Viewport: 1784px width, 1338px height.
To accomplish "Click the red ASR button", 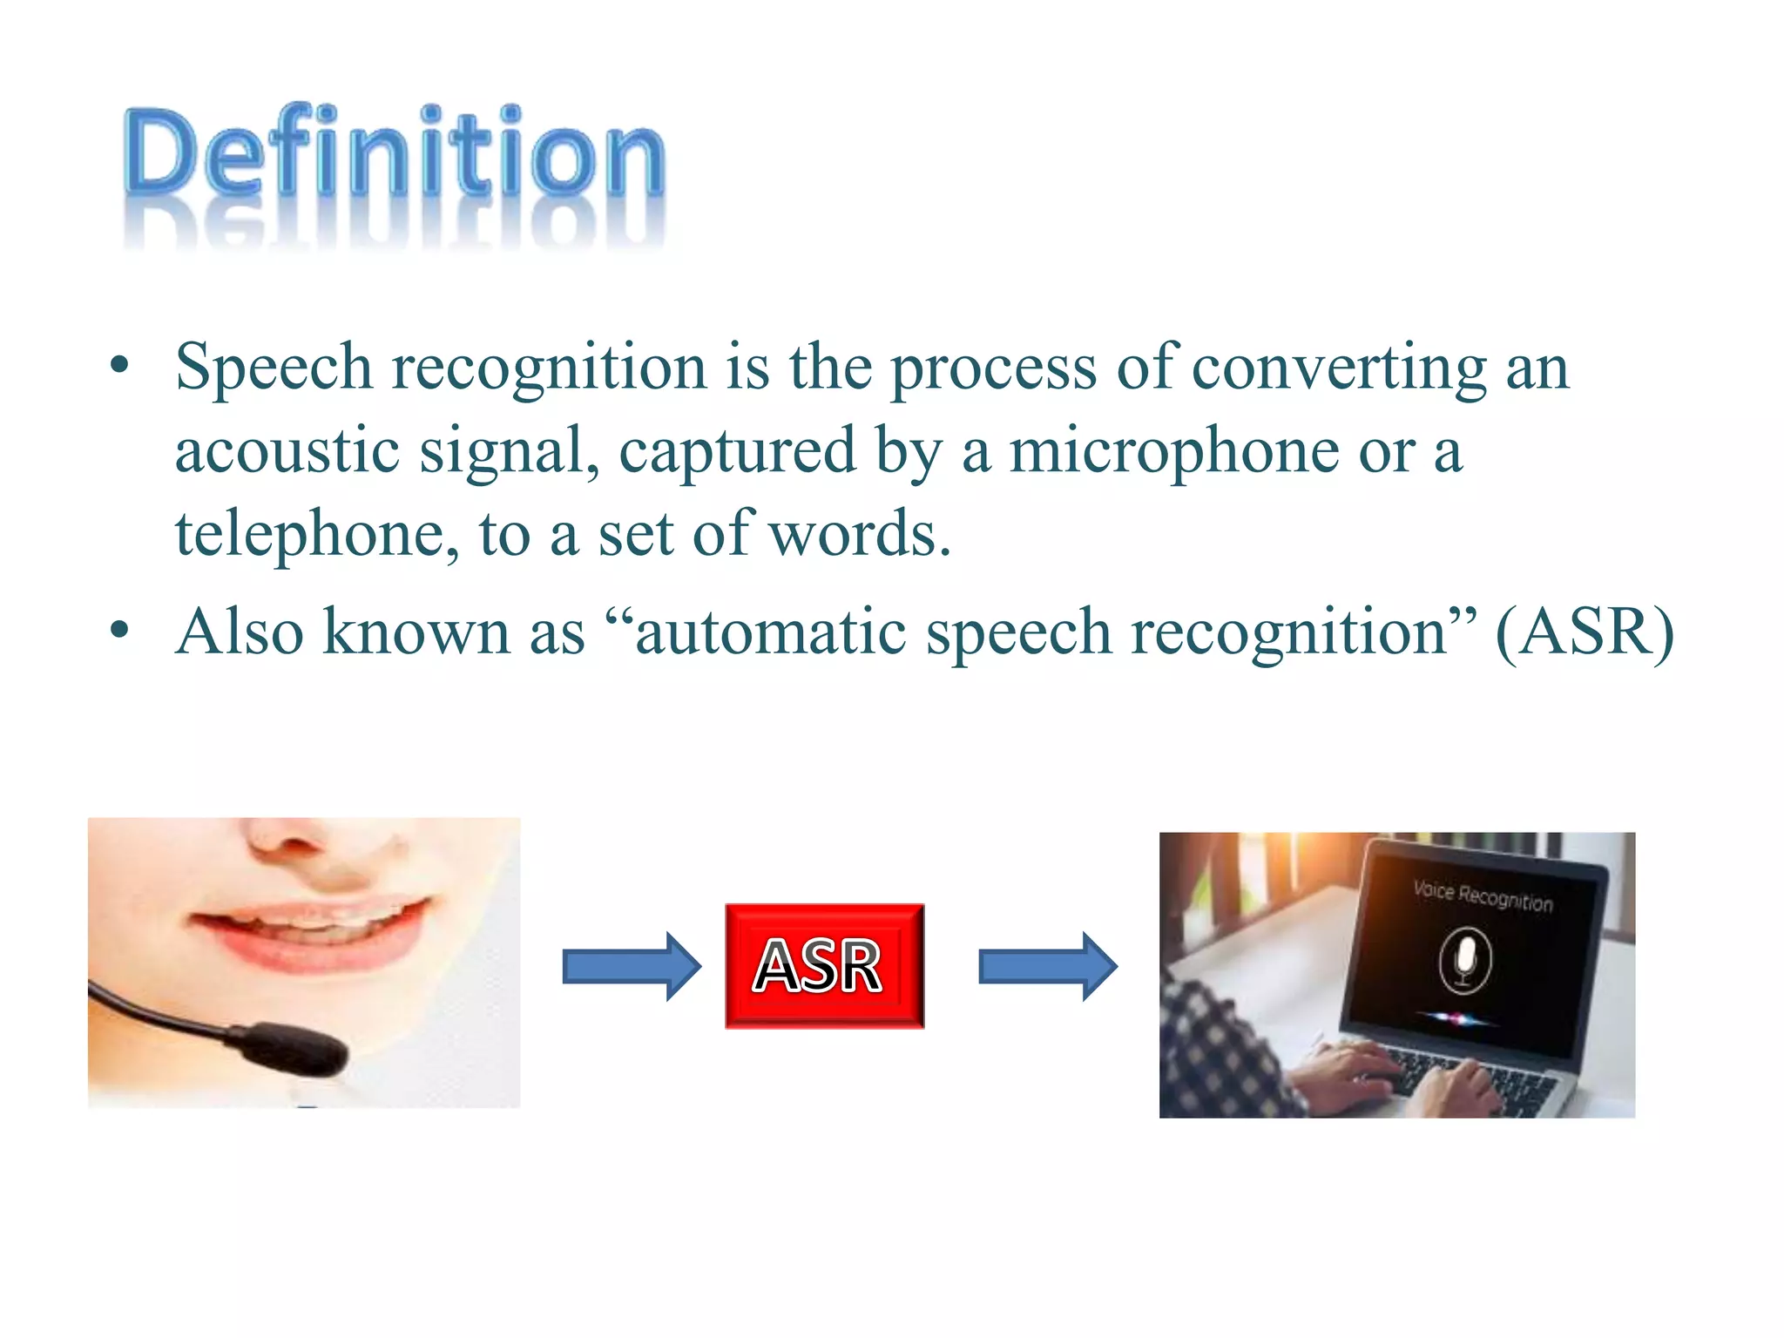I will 824,966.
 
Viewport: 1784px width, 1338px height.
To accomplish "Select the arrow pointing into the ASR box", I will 631,966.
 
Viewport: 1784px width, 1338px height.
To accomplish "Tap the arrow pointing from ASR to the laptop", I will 1047,966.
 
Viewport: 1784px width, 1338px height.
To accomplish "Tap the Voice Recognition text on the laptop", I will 1482,895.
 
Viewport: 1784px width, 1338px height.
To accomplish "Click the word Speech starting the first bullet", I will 274,368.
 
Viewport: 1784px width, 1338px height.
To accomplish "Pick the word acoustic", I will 287,451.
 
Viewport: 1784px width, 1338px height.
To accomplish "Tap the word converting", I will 1338,368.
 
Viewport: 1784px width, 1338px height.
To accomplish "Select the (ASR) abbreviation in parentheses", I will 1584,632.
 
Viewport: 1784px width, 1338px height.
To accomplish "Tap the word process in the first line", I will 993,368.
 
